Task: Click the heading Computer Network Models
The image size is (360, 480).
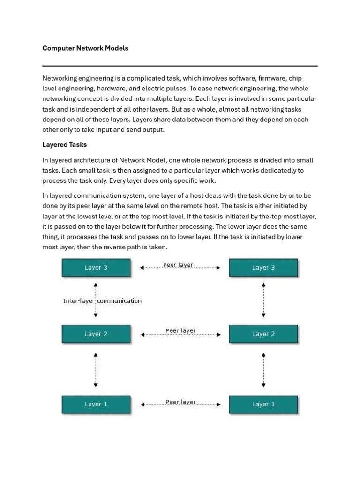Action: click(x=85, y=48)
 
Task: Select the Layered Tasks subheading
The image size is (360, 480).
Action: click(x=65, y=145)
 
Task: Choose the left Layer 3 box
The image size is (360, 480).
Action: click(x=96, y=268)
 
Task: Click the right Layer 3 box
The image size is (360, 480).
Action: click(x=263, y=268)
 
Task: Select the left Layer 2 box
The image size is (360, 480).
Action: click(x=96, y=334)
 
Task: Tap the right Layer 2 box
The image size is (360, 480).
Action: click(x=263, y=334)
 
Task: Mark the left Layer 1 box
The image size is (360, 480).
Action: click(x=96, y=404)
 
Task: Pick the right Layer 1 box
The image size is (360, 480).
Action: click(x=263, y=404)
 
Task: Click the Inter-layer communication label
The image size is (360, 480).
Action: click(x=102, y=301)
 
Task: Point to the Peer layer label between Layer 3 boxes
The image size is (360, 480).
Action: click(x=178, y=265)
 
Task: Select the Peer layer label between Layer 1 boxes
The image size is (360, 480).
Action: click(x=180, y=402)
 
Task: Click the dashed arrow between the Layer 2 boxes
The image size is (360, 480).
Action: click(x=180, y=335)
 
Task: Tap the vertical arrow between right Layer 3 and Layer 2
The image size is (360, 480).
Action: click(x=264, y=300)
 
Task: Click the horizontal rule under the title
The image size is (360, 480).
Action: click(x=180, y=66)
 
